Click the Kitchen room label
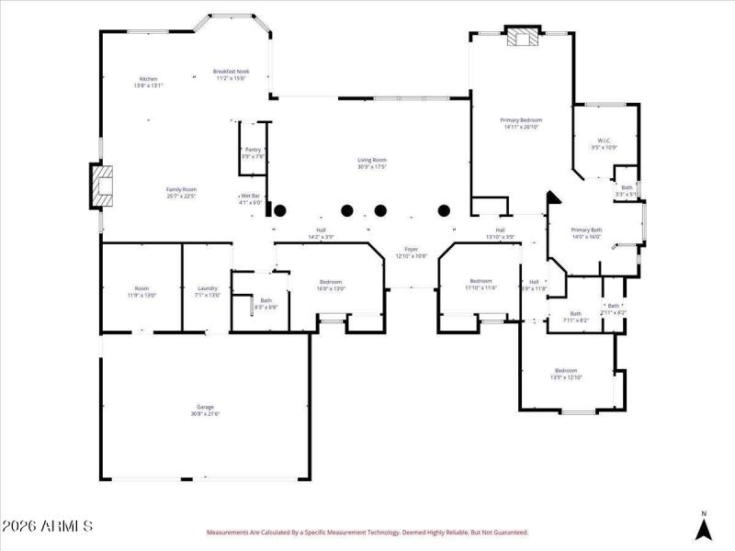148,79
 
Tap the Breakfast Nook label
231,72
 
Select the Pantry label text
253,150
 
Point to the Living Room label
372,161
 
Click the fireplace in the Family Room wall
103,186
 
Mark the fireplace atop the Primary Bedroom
524,37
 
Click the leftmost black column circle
281,210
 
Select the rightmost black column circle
444,210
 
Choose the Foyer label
411,250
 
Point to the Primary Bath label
586,231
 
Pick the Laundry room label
208,288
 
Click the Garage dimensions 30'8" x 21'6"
206,413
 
